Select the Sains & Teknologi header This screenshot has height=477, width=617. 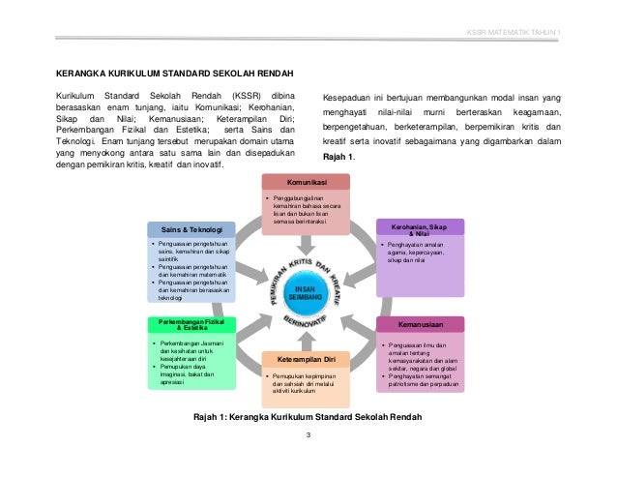(x=191, y=229)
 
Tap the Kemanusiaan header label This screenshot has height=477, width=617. (x=420, y=323)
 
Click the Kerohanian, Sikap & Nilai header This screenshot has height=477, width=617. (x=420, y=227)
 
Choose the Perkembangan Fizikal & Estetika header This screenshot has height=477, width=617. (x=191, y=323)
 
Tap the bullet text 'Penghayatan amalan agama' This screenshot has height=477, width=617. (x=415, y=249)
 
